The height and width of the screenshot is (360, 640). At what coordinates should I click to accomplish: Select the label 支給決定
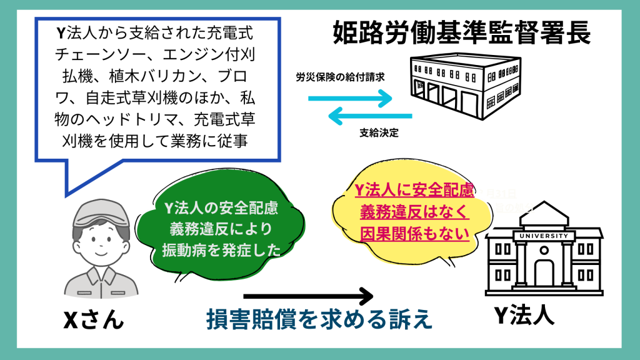tap(379, 132)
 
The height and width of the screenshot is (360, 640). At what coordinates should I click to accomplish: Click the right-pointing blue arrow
tap(350, 99)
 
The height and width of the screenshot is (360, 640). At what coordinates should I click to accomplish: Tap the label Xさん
tap(94, 320)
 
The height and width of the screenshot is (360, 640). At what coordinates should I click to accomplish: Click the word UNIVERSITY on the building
tap(544, 236)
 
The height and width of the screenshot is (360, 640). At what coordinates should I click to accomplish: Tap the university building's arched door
tap(544, 274)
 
